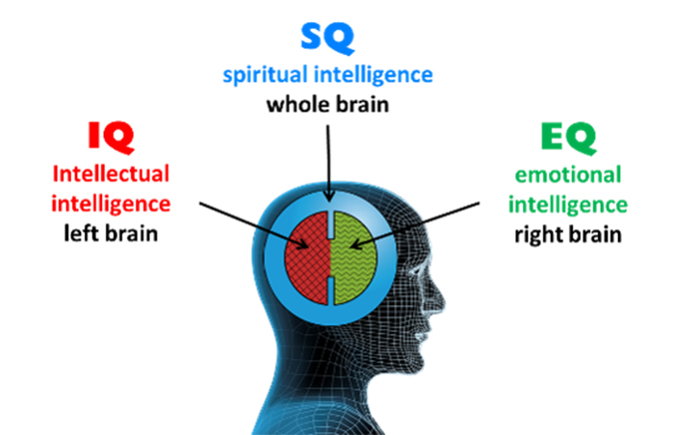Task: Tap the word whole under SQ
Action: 299,103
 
